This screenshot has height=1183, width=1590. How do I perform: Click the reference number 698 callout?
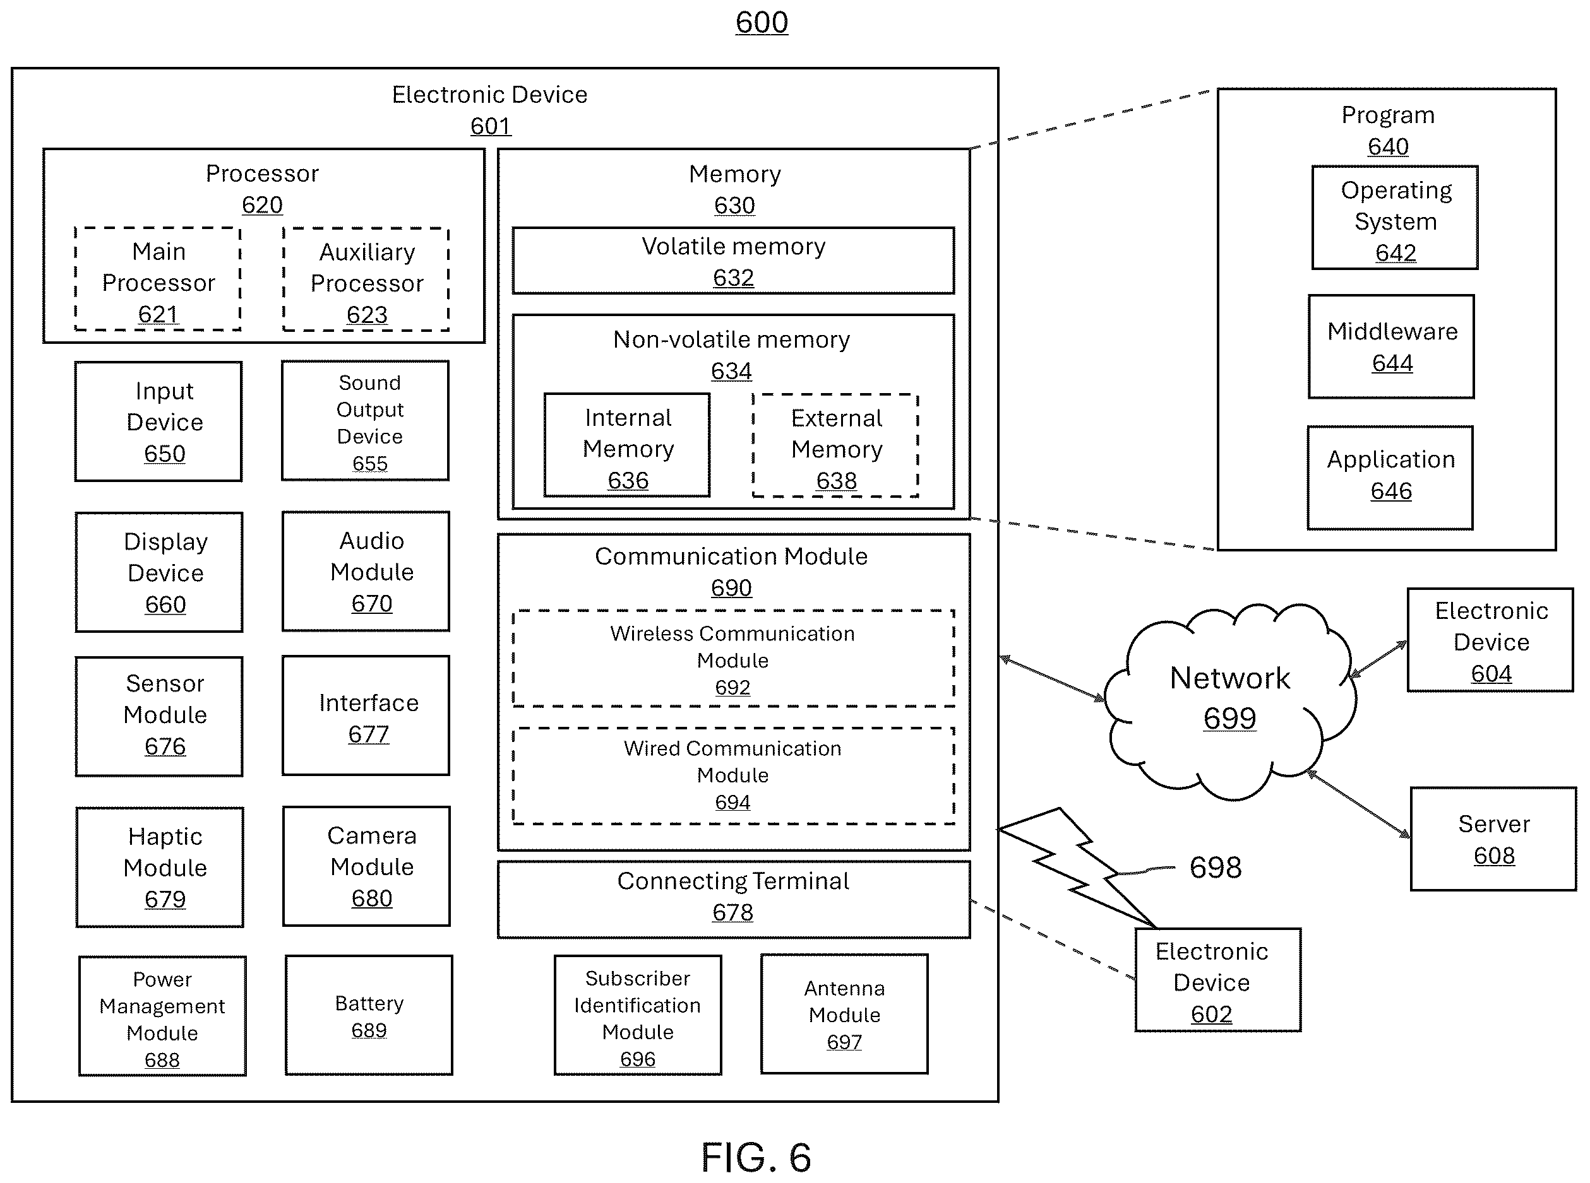coord(1216,867)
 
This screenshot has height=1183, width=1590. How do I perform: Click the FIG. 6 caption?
coord(756,1157)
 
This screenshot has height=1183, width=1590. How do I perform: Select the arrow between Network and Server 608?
coord(1358,803)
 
